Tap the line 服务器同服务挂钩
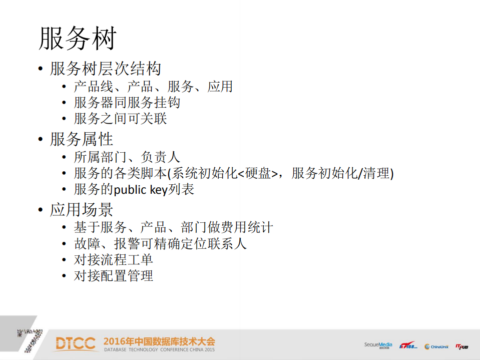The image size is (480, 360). coord(127,103)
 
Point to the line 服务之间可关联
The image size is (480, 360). coord(120,119)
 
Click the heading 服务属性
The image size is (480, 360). coord(82,139)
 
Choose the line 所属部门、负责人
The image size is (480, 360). coord(127,157)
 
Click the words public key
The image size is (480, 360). coord(143,190)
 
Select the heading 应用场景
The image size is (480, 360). coord(82,210)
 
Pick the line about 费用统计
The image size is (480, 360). coord(173,227)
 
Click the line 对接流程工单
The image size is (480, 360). coord(113,260)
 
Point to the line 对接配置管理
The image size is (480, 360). coord(113,276)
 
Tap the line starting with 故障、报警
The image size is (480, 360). coord(160,244)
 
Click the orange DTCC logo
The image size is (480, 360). coord(75,343)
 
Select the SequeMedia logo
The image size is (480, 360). coord(378,345)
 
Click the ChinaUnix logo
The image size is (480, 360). coord(436,346)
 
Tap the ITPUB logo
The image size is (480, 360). coord(461,346)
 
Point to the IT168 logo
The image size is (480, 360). coord(408,345)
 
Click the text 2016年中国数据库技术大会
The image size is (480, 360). coord(159,341)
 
